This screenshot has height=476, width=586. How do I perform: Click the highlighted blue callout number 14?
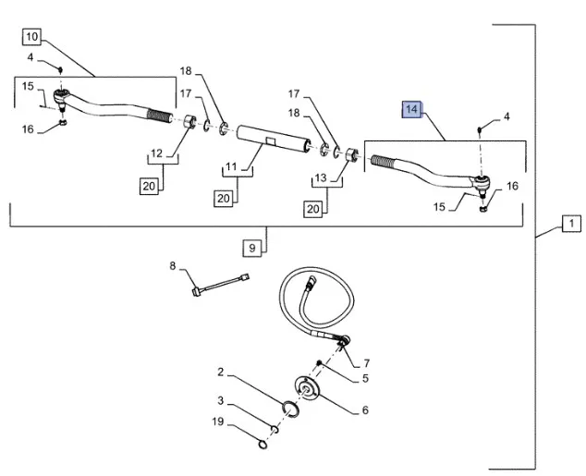[411, 111]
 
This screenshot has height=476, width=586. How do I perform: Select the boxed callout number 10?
[31, 38]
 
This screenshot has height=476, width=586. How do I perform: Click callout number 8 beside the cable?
[172, 267]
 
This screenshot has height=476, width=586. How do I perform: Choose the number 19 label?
[220, 422]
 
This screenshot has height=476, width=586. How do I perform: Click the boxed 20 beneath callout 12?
[149, 186]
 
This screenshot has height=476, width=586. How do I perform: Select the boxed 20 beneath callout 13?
[312, 209]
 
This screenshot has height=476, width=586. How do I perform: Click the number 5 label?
[366, 378]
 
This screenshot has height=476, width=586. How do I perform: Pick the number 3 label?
[220, 400]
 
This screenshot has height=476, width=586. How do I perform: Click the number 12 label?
[156, 153]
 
